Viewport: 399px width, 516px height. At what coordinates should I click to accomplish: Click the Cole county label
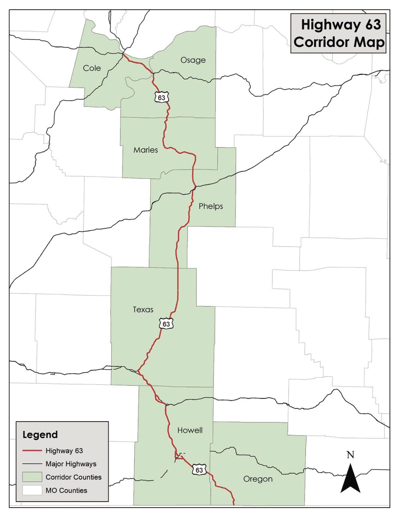[x=92, y=68]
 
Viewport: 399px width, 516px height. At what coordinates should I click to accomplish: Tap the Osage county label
[x=193, y=60]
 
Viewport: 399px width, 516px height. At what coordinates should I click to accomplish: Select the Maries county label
[x=145, y=150]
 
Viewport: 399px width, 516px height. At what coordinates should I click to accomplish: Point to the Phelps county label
[x=211, y=206]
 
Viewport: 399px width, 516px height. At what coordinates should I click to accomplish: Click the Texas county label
[x=143, y=310]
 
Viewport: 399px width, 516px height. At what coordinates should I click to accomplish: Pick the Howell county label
[x=190, y=430]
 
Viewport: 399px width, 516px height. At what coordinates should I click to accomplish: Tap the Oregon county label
[x=258, y=479]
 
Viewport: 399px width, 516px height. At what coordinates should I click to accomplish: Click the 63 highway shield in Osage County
[x=161, y=97]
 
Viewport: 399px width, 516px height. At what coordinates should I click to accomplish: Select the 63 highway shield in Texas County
[x=166, y=324]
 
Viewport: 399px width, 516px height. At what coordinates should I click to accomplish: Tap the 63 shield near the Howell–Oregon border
[x=199, y=470]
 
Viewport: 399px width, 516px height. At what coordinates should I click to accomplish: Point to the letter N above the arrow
[x=350, y=455]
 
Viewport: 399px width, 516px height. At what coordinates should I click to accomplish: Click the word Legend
[x=40, y=435]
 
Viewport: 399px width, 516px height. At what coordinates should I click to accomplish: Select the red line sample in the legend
[x=32, y=451]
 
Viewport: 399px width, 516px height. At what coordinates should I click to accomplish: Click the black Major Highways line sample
[x=32, y=464]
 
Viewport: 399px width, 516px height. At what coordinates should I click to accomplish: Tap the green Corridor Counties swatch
[x=32, y=477]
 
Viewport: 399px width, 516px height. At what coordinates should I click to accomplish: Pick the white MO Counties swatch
[x=32, y=490]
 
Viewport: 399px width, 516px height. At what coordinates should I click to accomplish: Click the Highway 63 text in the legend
[x=64, y=451]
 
